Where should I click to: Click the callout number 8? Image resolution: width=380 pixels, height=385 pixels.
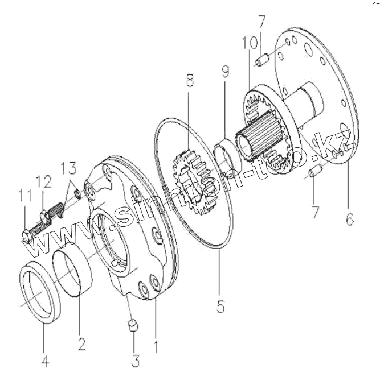pyautogui.click(x=189, y=81)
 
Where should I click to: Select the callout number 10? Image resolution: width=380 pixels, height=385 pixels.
pyautogui.click(x=246, y=43)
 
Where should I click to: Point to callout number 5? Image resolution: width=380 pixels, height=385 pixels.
pyautogui.click(x=220, y=305)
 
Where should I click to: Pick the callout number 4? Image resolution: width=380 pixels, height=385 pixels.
pyautogui.click(x=43, y=361)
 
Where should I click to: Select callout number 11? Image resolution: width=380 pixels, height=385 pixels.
pyautogui.click(x=23, y=196)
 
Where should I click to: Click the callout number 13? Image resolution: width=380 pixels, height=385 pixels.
pyautogui.click(x=68, y=168)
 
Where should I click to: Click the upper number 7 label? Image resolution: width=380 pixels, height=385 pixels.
pyautogui.click(x=261, y=23)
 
